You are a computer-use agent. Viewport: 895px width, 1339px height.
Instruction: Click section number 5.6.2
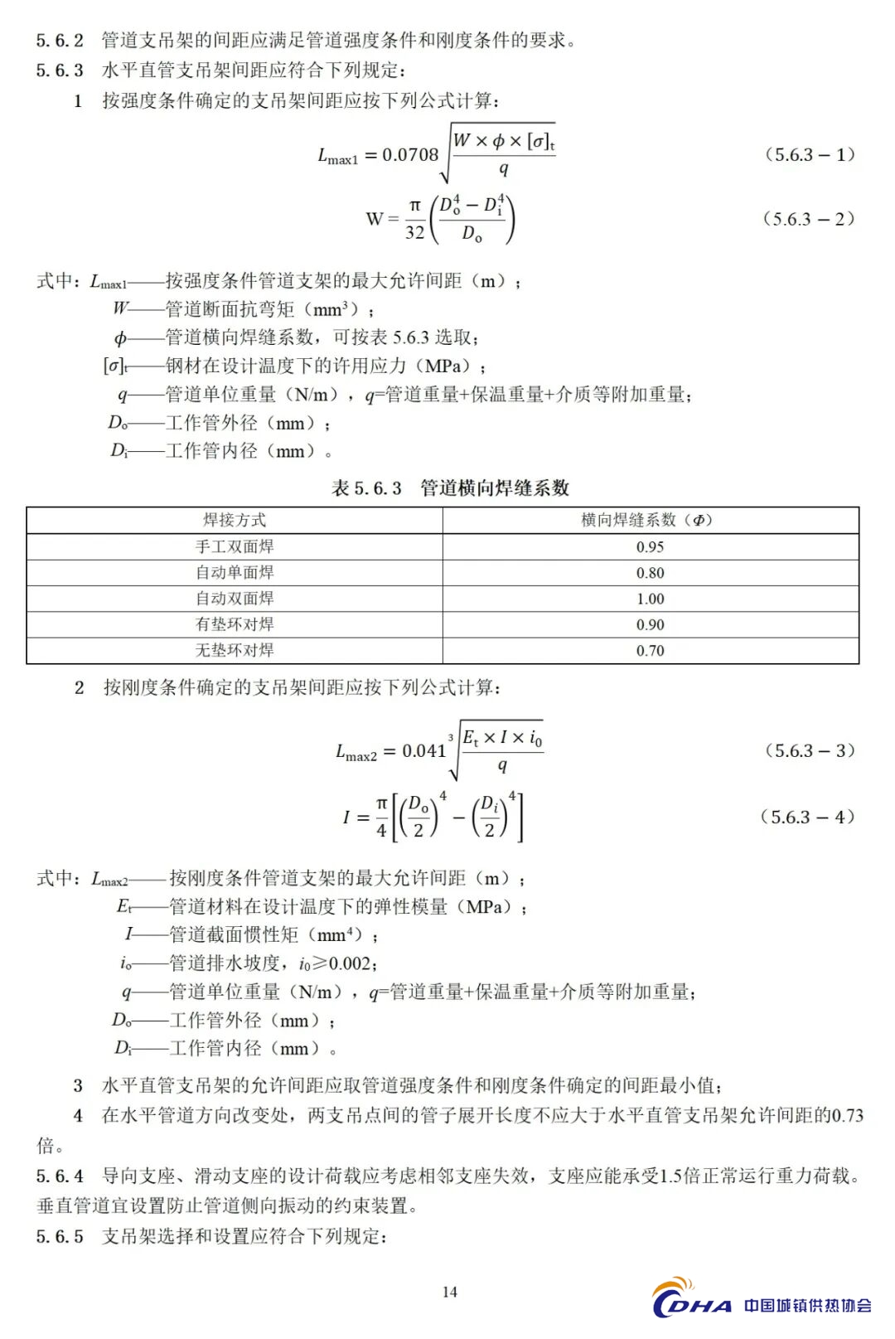tap(60, 41)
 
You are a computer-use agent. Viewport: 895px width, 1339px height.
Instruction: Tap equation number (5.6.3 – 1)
tap(809, 155)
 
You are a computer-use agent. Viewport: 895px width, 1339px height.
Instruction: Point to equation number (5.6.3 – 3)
tap(809, 751)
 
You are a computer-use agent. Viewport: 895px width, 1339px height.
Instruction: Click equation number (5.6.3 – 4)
tap(807, 817)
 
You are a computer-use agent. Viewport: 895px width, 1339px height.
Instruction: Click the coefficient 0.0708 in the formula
tap(410, 155)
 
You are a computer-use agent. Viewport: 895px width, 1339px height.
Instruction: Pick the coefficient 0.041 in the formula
tap(423, 751)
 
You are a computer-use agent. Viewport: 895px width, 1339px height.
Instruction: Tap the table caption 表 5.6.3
tap(366, 488)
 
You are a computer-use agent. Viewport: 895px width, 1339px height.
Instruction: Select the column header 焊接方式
tap(235, 521)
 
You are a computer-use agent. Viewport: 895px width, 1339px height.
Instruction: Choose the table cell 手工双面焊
tap(235, 547)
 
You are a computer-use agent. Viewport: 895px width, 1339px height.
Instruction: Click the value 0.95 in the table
tap(651, 547)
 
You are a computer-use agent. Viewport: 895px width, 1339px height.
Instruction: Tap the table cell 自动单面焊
tap(235, 573)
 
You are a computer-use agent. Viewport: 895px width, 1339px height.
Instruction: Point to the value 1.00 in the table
tap(651, 599)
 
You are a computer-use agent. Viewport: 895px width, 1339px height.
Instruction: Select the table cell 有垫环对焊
tap(235, 624)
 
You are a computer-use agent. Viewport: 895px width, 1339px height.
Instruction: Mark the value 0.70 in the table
tap(651, 651)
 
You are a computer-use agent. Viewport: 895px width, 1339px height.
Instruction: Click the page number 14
tap(450, 1292)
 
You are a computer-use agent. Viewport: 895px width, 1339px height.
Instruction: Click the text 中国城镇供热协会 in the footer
tap(807, 1306)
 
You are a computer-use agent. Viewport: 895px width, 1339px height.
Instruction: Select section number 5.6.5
tap(60, 1237)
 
